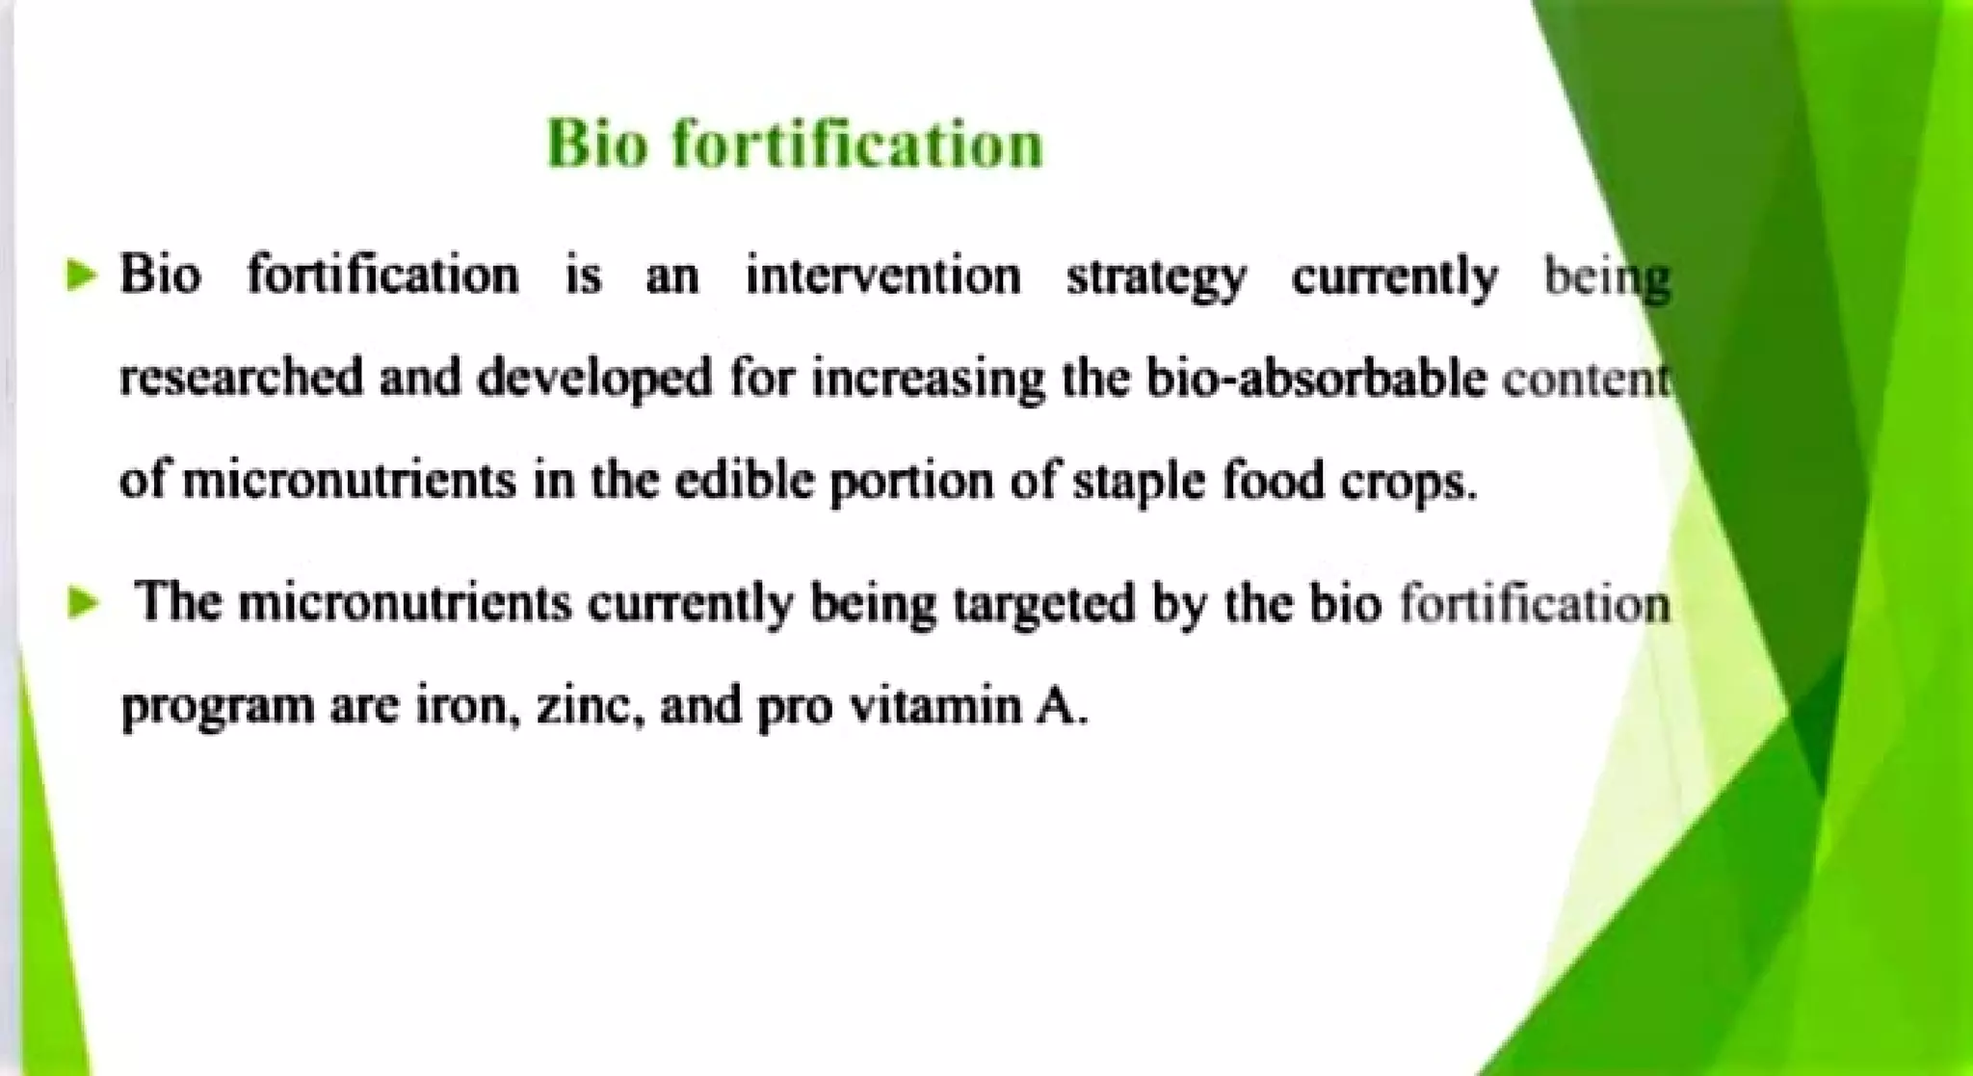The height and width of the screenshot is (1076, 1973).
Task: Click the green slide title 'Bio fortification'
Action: pos(795,144)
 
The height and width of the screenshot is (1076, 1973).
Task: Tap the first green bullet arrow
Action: pos(83,276)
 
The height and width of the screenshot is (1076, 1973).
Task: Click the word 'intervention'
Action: pos(882,276)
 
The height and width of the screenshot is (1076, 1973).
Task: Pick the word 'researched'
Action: pos(241,377)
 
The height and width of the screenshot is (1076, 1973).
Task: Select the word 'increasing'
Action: pos(927,379)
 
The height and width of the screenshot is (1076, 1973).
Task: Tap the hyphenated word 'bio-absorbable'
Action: pos(1316,377)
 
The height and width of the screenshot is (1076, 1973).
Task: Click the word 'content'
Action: pos(1586,379)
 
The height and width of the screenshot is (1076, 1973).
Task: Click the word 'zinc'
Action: pos(589,706)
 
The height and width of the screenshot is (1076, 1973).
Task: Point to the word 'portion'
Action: pos(910,481)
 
